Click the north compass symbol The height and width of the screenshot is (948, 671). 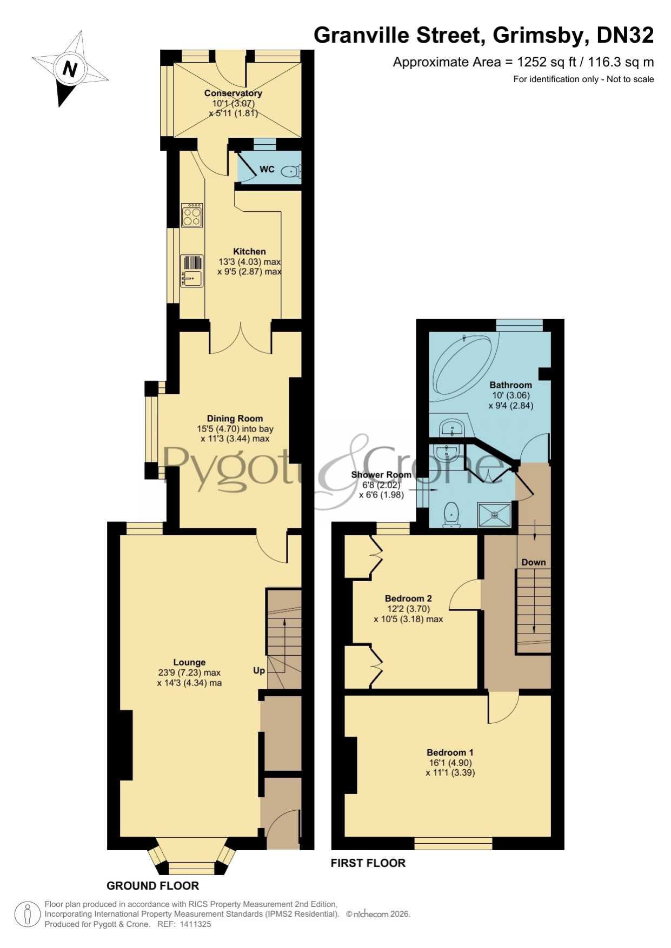[70, 69]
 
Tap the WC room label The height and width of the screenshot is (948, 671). [267, 169]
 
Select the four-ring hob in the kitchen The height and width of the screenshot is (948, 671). [192, 214]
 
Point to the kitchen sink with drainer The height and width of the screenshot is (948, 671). [192, 271]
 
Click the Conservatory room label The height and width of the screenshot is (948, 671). [233, 93]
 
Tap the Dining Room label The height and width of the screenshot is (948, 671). [235, 418]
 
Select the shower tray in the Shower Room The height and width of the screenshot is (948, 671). [494, 515]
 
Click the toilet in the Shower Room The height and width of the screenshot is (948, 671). [451, 514]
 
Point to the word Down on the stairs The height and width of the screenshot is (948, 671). [534, 562]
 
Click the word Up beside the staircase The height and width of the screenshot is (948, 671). [259, 670]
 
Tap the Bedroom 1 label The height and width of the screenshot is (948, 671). [450, 752]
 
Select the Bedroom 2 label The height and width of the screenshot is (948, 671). [408, 599]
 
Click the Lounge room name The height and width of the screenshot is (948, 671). [189, 662]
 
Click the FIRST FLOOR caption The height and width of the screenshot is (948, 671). [368, 863]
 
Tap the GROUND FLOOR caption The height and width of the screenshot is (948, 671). [153, 886]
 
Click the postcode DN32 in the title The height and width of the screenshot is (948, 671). [625, 35]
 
